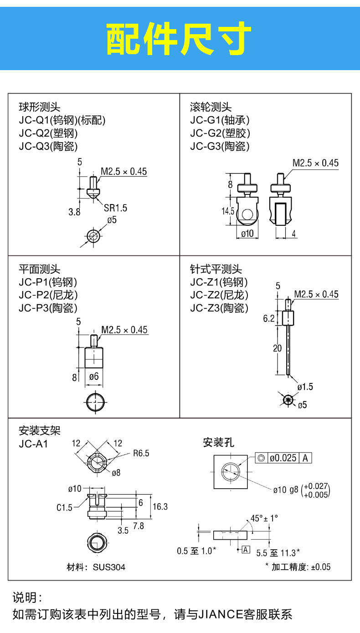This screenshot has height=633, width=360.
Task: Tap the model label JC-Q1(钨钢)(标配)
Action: [x=62, y=121]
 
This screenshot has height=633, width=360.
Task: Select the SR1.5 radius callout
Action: [x=115, y=208]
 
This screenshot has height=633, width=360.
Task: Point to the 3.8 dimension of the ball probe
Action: [x=74, y=211]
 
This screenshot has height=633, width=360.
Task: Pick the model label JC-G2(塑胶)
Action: [x=220, y=133]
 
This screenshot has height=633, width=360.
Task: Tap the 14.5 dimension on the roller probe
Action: [x=228, y=211]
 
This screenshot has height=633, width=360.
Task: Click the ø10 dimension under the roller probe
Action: [x=247, y=234]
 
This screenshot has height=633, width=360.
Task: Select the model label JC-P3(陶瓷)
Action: [x=48, y=308]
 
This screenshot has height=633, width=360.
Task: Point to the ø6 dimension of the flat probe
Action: [x=94, y=376]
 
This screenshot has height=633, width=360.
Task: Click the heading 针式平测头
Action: [x=216, y=270]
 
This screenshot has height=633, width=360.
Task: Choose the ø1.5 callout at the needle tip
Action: [x=305, y=387]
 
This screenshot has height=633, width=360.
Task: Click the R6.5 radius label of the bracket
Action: [x=141, y=453]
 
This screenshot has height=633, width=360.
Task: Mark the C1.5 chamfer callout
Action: [x=64, y=507]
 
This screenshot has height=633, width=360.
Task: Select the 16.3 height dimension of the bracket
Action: [x=160, y=506]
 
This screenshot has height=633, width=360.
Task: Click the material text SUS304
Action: [x=109, y=567]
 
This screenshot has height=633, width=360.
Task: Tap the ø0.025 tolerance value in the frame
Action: [x=283, y=458]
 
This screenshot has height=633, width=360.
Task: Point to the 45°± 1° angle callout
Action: [x=264, y=518]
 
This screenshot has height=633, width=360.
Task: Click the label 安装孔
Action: [x=218, y=442]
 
